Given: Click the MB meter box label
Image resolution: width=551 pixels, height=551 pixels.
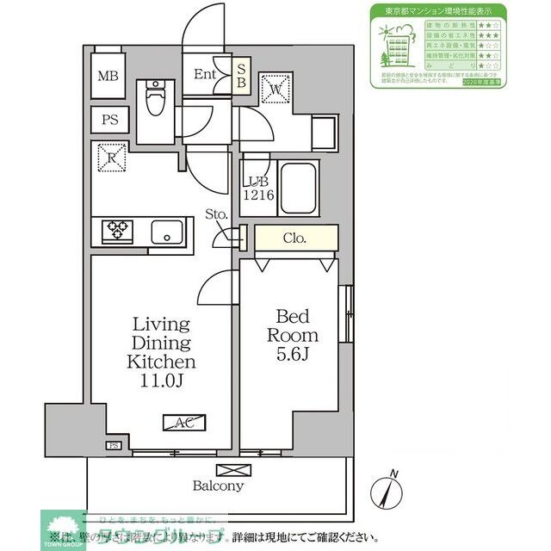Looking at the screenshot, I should [108, 77].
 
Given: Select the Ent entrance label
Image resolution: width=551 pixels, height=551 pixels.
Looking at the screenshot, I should [205, 74].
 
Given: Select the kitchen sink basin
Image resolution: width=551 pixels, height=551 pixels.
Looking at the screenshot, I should [166, 231].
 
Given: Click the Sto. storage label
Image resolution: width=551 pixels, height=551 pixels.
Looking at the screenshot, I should [216, 214].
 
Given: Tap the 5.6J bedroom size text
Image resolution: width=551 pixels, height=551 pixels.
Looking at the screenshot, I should [293, 355].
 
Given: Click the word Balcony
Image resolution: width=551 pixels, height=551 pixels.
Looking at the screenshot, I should [219, 486].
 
